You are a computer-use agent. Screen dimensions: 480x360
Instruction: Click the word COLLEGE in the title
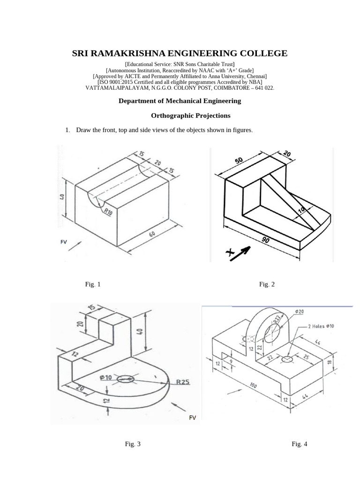[261, 53]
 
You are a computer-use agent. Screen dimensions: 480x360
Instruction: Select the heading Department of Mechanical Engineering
[180, 101]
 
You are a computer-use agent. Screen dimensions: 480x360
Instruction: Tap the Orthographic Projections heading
[190, 115]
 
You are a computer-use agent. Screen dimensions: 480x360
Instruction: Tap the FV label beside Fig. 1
[64, 242]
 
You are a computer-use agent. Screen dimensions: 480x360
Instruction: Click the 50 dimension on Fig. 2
[239, 161]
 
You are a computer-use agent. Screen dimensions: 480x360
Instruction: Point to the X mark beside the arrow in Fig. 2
[230, 253]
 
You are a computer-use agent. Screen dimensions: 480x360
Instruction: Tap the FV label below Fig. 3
[192, 418]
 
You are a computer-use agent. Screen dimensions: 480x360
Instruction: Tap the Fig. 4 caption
[299, 444]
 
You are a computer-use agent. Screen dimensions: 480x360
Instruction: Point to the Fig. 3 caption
[133, 444]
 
